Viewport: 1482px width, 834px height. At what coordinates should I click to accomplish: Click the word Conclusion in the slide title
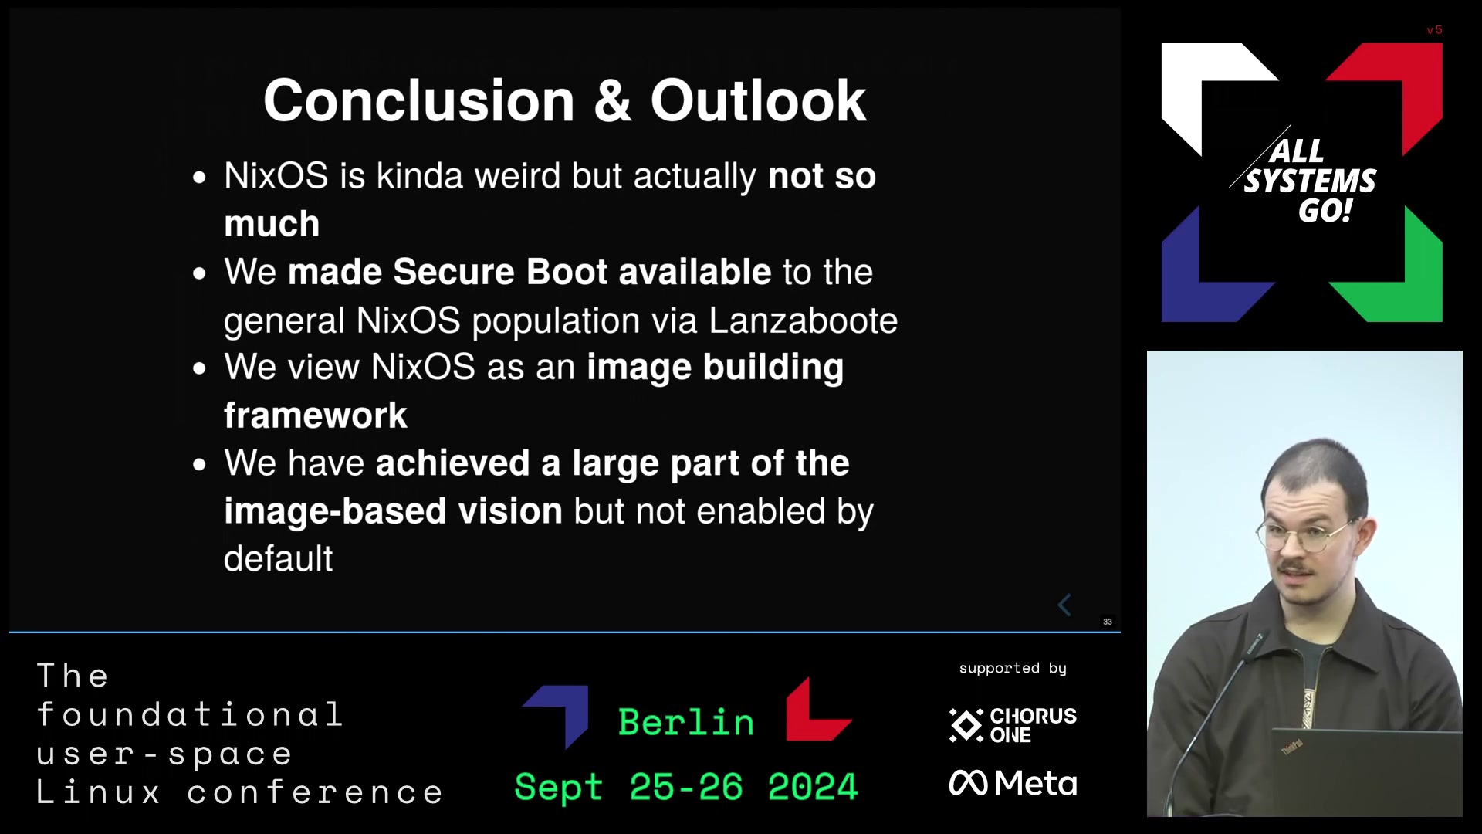point(419,100)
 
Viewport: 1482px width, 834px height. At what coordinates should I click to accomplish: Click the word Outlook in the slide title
point(758,100)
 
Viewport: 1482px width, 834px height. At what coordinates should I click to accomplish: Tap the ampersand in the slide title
point(613,100)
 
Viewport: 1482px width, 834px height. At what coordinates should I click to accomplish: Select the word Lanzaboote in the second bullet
point(803,320)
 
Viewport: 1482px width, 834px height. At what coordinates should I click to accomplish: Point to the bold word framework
point(315,415)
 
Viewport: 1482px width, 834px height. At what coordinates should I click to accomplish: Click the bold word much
point(272,224)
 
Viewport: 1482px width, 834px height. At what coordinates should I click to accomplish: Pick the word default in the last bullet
point(278,558)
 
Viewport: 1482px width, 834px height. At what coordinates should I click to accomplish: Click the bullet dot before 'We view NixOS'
point(200,368)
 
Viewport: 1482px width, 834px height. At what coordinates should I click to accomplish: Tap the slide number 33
point(1108,622)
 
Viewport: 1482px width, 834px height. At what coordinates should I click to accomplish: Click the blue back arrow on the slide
point(1064,605)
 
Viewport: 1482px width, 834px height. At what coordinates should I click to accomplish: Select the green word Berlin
point(686,723)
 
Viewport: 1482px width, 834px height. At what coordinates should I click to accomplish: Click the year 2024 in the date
point(812,787)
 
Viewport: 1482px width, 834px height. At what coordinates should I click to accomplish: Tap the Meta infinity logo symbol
point(968,783)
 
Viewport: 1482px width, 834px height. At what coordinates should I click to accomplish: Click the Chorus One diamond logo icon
point(966,725)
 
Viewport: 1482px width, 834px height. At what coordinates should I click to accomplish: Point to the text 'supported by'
point(1013,669)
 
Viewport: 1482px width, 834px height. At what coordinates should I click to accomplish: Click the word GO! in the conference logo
point(1325,211)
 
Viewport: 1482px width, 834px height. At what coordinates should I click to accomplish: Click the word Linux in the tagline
point(99,793)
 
